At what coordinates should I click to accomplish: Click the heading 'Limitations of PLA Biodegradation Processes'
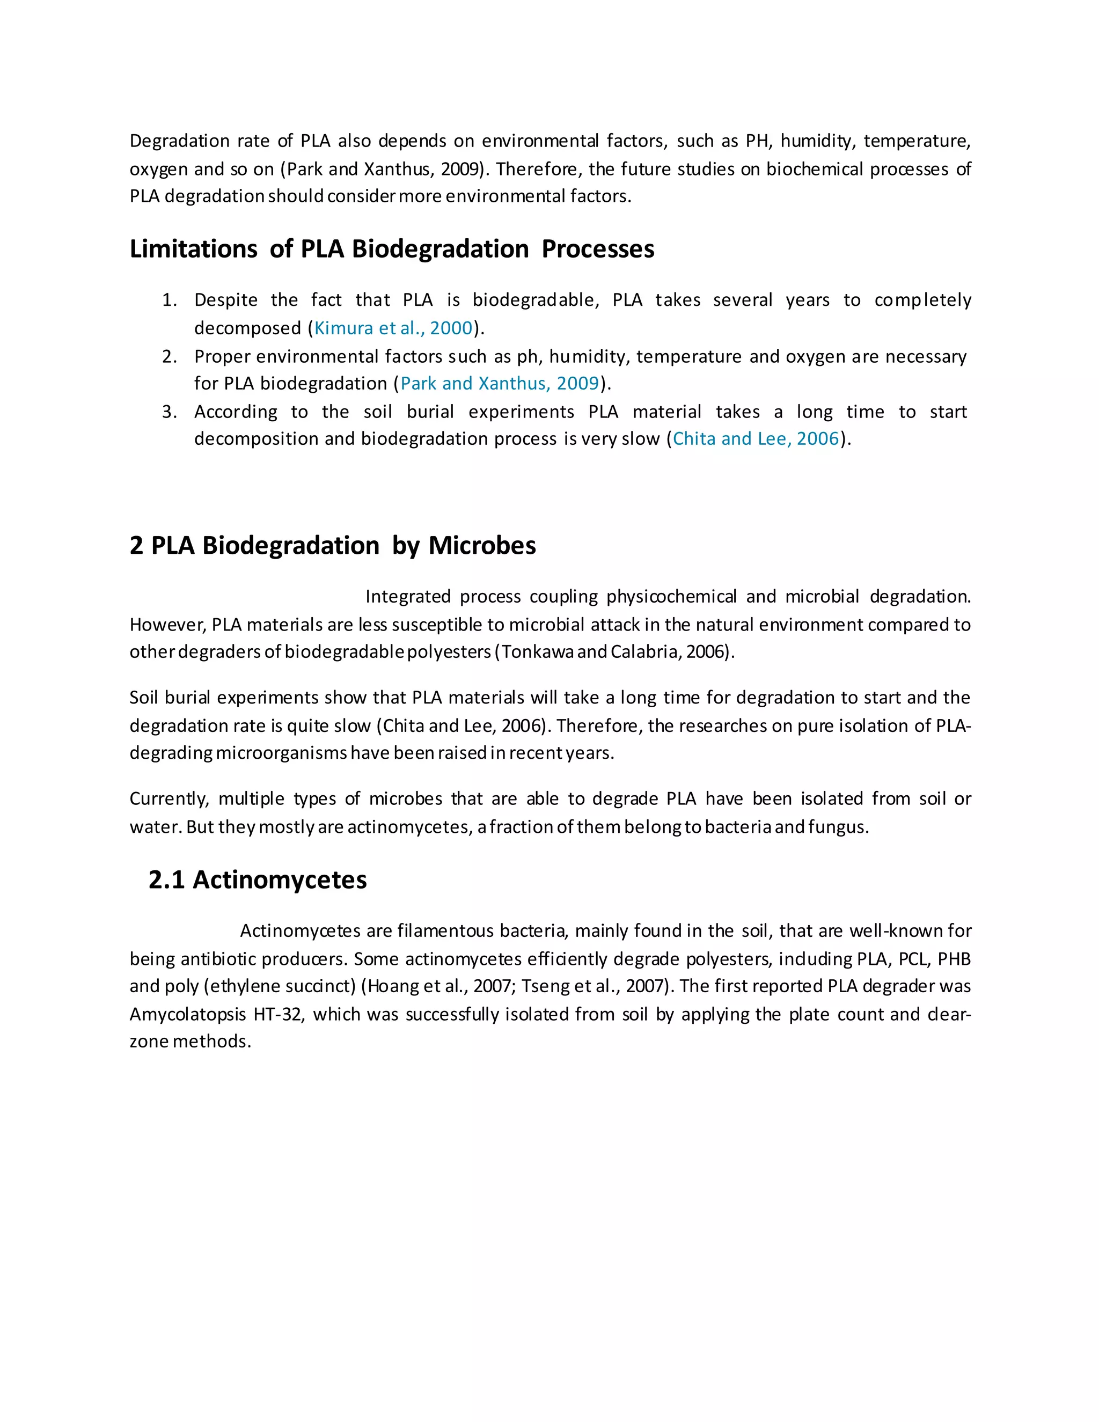tap(391, 250)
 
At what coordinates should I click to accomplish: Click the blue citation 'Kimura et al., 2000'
tap(393, 328)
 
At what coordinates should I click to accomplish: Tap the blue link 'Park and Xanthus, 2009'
tap(500, 384)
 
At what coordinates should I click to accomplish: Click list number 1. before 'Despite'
tap(169, 300)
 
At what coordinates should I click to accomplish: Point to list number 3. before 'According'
tap(169, 412)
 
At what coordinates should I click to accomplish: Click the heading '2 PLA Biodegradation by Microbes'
tap(332, 546)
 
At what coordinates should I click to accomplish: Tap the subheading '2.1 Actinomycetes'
tap(257, 880)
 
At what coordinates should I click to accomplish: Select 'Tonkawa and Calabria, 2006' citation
tap(613, 652)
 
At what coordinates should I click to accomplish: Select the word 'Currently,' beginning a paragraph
tap(169, 800)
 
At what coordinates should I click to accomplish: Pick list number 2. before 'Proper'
tap(169, 357)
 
